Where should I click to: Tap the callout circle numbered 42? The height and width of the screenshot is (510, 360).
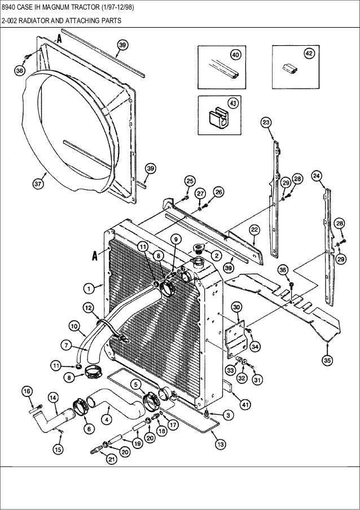pos(309,53)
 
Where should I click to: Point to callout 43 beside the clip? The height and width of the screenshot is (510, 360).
pos(232,103)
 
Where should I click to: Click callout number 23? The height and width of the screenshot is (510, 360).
pos(266,123)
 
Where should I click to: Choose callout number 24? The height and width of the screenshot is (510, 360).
pos(317,176)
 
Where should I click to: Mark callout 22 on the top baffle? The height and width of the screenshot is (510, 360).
pos(254,229)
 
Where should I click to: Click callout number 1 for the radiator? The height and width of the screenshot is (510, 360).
pos(89,288)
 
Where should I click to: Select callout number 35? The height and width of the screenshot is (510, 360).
pos(327,359)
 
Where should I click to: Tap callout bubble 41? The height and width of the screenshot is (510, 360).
pos(245,404)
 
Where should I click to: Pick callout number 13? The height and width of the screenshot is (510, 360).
pos(220,444)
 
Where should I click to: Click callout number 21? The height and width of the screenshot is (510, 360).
pos(111,459)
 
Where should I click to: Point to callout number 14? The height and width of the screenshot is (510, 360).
pos(53,397)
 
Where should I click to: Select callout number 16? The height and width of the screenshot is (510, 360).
pos(26,391)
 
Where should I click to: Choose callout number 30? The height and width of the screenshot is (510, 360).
pos(237,307)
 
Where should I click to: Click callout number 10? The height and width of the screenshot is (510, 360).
pos(74,325)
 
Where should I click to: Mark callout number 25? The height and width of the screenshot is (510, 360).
pos(190,181)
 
